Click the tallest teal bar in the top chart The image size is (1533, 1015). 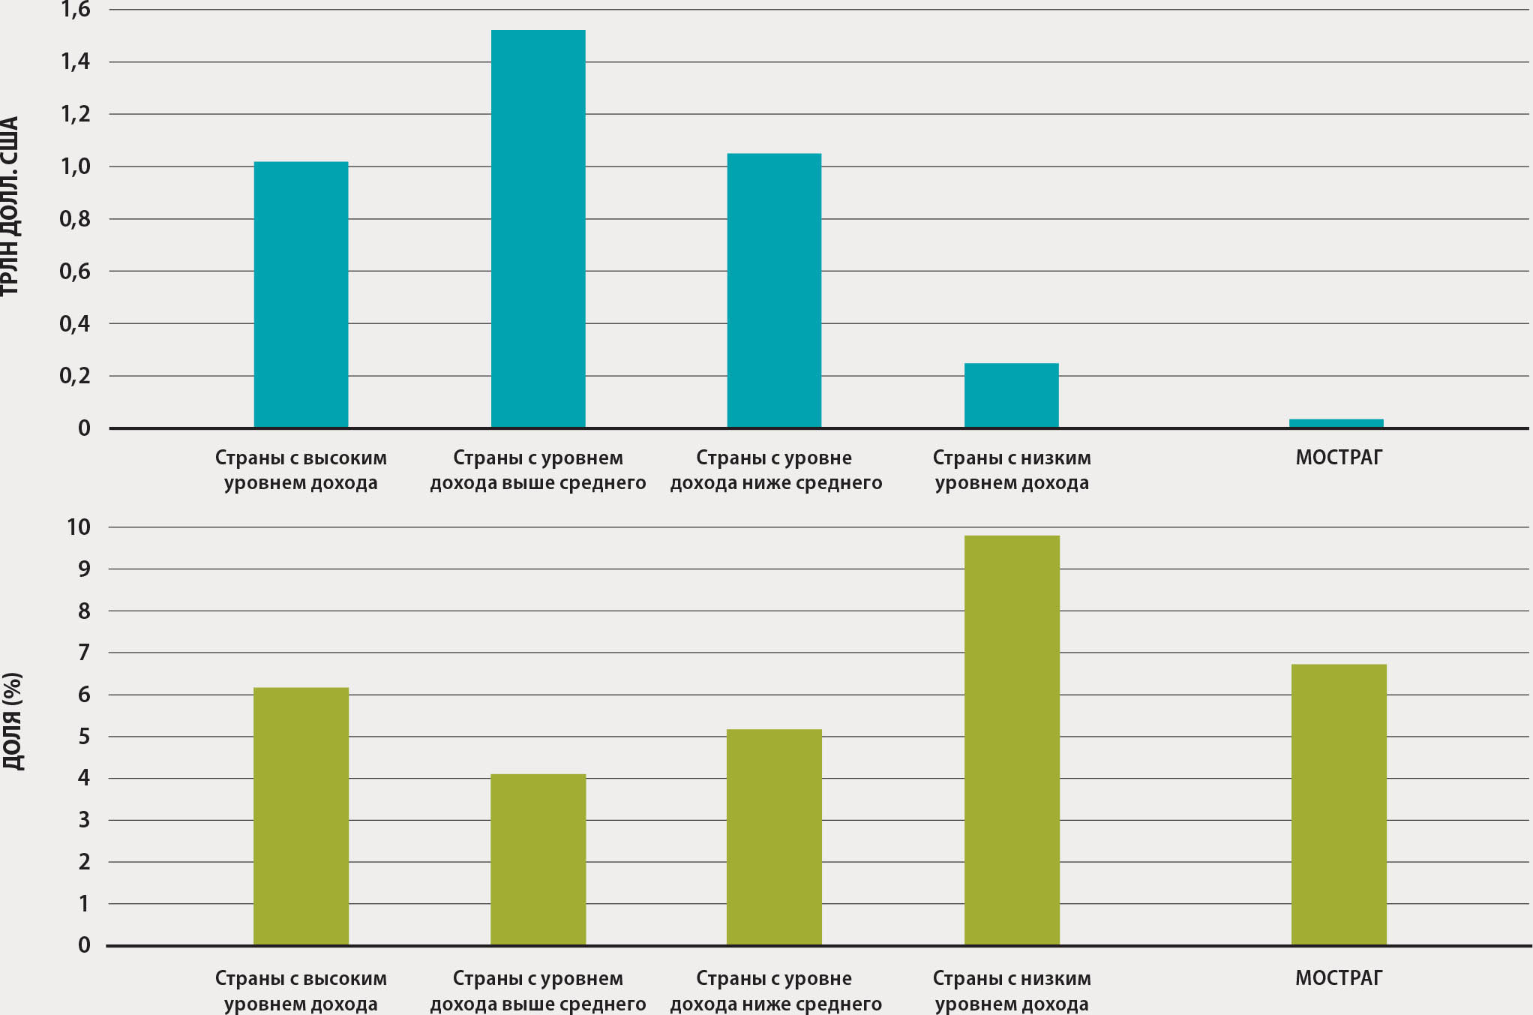[x=538, y=229]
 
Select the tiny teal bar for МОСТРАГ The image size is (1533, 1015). [x=1336, y=424]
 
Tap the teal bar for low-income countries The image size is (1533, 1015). [x=1011, y=395]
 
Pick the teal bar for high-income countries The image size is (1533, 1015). [x=301, y=295]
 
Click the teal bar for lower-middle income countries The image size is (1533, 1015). [x=774, y=290]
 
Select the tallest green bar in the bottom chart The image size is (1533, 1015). [x=1012, y=740]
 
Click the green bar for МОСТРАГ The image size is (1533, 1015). [x=1339, y=804]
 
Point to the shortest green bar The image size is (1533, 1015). [x=538, y=859]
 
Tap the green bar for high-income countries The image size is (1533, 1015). [x=301, y=816]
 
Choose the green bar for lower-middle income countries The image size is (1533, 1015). [x=774, y=836]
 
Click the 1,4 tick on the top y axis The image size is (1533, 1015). [x=75, y=62]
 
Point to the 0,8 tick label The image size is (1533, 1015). [x=75, y=219]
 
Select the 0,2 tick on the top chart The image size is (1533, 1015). [x=75, y=376]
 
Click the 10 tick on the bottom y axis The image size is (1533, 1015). [x=78, y=527]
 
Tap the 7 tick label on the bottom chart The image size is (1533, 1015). [x=83, y=653]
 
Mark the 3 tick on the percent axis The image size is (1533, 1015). [x=83, y=820]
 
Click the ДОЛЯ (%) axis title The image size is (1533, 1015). [x=13, y=721]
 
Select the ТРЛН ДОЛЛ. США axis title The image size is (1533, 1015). [x=9, y=206]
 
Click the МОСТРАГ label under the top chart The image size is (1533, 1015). [x=1339, y=458]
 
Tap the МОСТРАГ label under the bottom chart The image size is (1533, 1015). [x=1339, y=978]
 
